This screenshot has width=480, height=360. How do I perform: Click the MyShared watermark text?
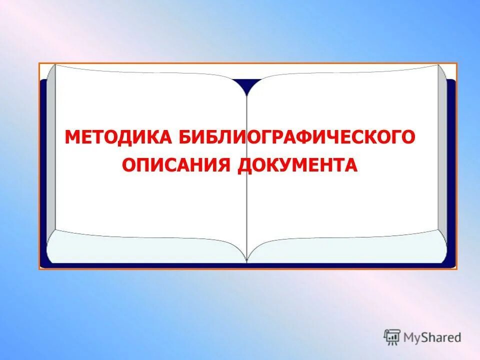coord(432,337)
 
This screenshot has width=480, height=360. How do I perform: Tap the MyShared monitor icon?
coord(392,337)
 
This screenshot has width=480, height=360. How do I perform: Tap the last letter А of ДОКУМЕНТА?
coord(351,165)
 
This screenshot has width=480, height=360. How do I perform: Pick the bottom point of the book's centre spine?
coord(246,260)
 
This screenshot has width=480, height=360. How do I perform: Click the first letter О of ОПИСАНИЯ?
coord(129,165)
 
